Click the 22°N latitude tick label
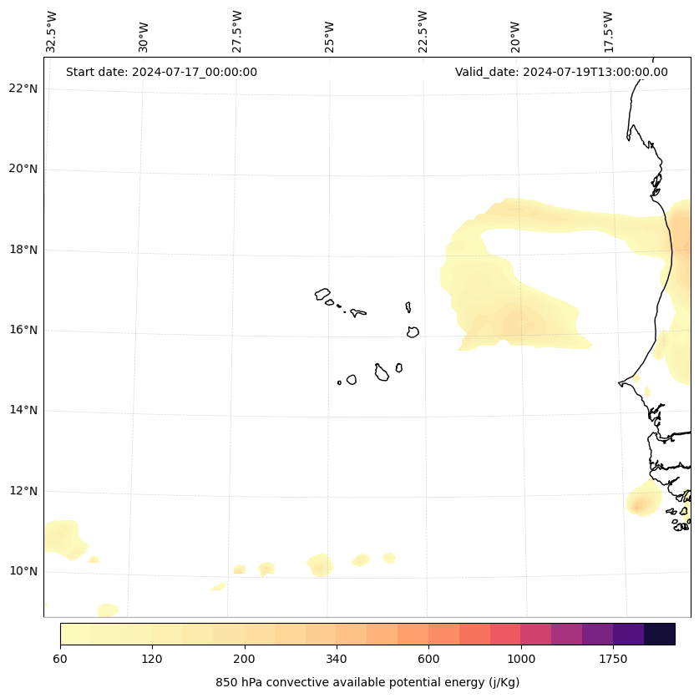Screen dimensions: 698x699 23,89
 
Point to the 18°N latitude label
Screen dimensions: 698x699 23,250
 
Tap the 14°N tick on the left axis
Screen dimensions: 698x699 23,410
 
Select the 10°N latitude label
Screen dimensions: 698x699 23,571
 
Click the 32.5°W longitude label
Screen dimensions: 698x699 52,32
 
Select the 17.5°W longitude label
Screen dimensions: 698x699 608,32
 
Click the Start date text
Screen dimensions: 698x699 161,72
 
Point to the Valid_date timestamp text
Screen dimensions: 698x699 561,72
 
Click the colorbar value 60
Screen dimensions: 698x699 60,659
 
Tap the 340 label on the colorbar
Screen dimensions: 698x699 337,659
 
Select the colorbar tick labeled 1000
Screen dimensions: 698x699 520,659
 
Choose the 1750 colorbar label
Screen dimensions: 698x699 613,659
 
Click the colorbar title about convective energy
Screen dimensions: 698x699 367,682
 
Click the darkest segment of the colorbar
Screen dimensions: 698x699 660,634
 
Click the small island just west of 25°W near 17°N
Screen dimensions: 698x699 322,294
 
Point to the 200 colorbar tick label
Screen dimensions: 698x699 245,659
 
